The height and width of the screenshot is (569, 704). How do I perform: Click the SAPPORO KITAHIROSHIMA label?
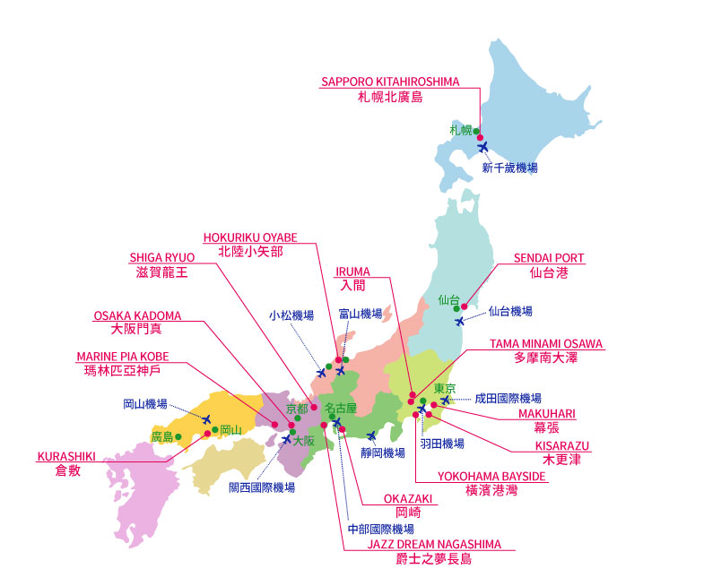point(389,82)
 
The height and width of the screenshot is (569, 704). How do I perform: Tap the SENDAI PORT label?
point(549,258)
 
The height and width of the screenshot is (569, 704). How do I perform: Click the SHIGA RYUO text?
point(158,257)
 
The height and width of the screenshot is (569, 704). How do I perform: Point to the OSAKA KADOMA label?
point(137,315)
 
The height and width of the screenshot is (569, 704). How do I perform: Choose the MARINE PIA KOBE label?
point(123,356)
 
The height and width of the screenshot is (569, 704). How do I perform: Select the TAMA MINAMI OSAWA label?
point(546,343)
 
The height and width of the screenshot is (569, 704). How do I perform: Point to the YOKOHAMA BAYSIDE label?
point(491,476)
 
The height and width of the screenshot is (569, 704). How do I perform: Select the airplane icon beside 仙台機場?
point(460,321)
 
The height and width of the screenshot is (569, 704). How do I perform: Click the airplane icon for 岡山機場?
point(206,418)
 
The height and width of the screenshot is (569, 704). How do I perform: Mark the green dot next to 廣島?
point(178,436)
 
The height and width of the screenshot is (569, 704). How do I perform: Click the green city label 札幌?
point(461,131)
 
